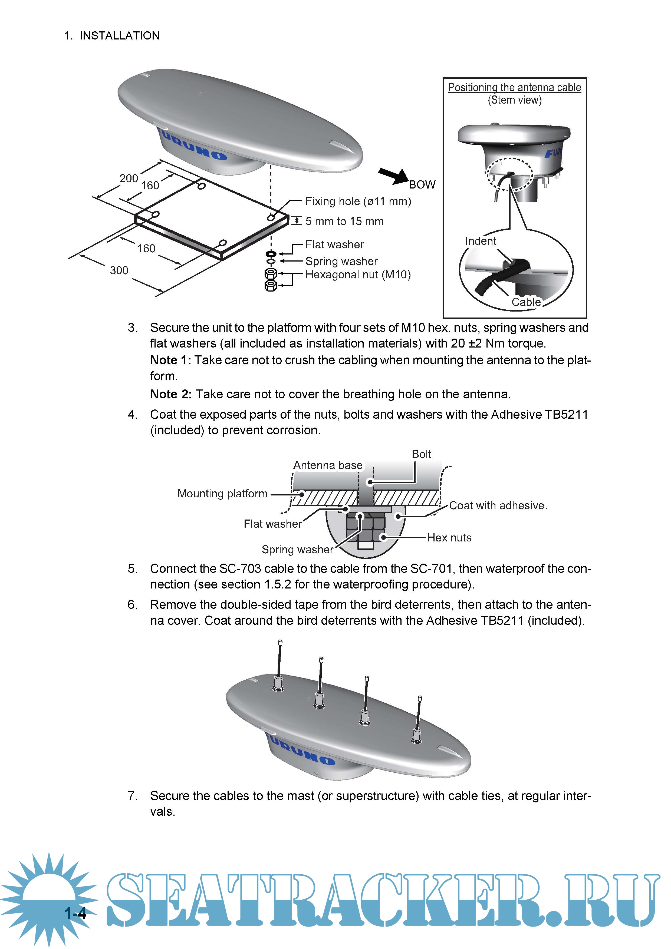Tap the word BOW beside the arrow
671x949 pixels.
[422, 184]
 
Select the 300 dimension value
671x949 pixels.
[119, 270]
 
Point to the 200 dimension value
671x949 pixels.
[129, 178]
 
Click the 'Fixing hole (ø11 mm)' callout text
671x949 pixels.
[358, 201]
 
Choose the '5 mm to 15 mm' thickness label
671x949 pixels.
[344, 221]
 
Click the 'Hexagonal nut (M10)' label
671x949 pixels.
[358, 275]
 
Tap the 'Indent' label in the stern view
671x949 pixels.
[481, 241]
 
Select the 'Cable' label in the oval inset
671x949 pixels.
[526, 302]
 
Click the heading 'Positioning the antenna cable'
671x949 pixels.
[514, 88]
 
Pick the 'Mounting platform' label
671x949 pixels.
[222, 494]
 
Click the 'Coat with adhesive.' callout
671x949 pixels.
[498, 505]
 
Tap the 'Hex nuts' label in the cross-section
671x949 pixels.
[449, 537]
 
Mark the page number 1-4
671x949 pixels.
[75, 913]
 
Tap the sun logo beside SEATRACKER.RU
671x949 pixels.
[49, 897]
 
